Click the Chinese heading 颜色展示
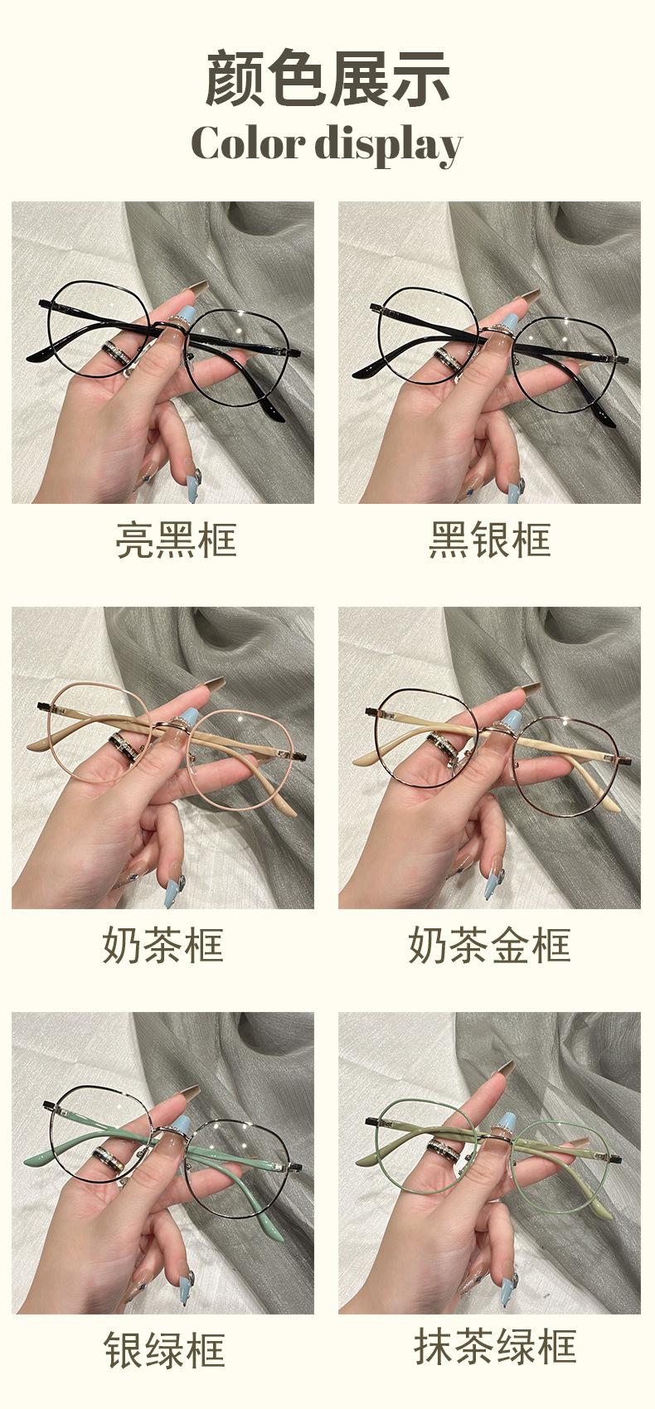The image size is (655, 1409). pyautogui.click(x=327, y=78)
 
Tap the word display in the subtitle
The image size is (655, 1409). pyautogui.click(x=388, y=145)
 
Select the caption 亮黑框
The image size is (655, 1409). pyautogui.click(x=176, y=540)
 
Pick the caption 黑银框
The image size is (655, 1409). pyautogui.click(x=489, y=540)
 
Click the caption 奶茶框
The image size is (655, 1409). pyautogui.click(x=163, y=945)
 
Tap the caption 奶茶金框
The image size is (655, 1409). pyautogui.click(x=489, y=945)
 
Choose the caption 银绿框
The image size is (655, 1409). pyautogui.click(x=164, y=1350)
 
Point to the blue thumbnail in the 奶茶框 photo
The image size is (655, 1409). pyautogui.click(x=189, y=723)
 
